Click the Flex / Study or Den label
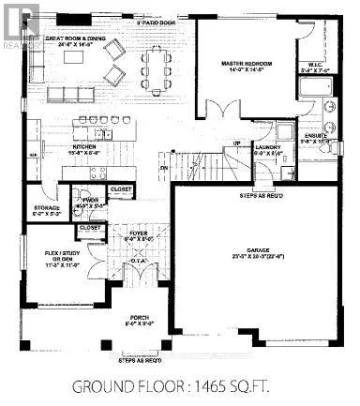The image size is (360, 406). [x=46, y=257]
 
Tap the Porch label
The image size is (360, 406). [x=139, y=323]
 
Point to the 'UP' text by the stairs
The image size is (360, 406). [x=237, y=143]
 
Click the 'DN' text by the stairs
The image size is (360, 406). [x=162, y=169]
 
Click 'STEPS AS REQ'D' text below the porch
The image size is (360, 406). [x=140, y=360]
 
